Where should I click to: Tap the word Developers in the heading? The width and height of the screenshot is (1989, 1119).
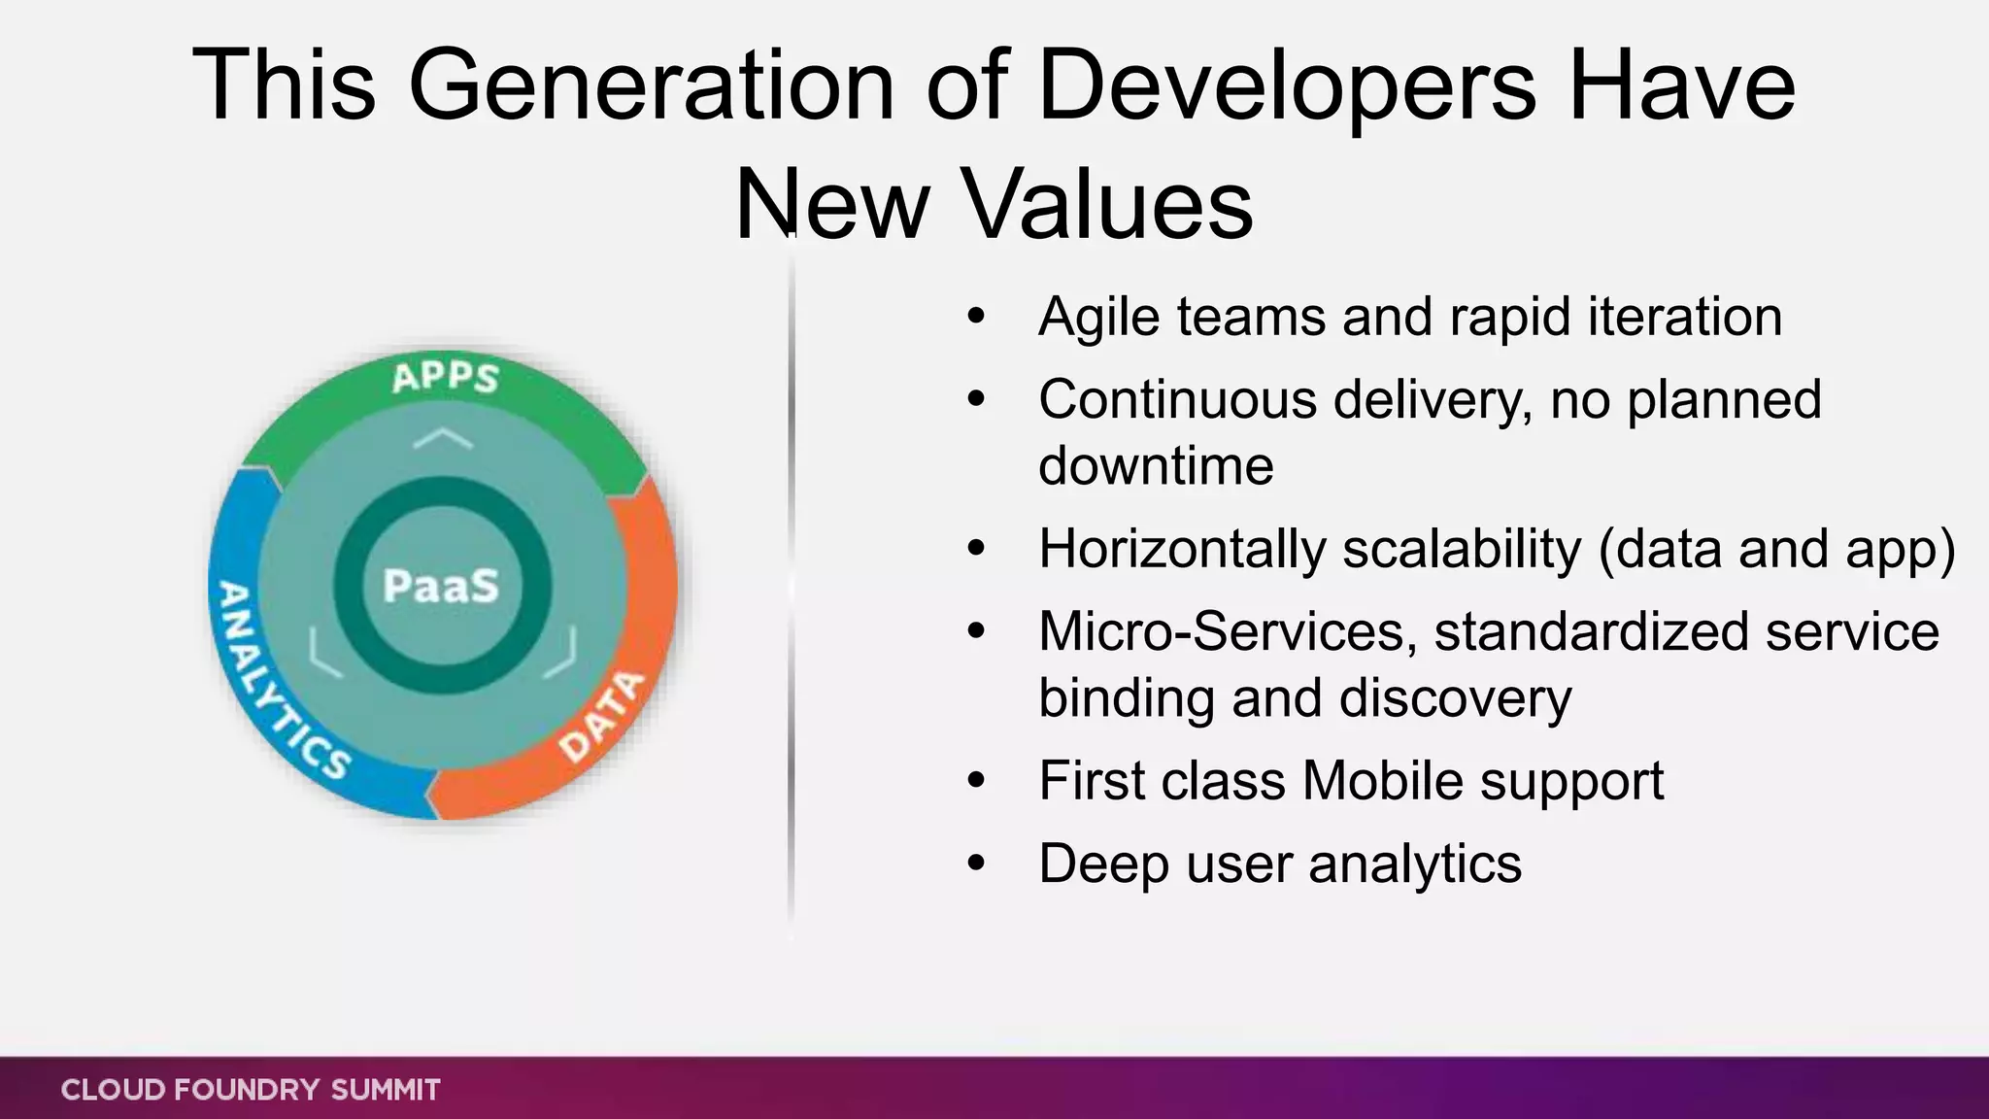click(x=1288, y=87)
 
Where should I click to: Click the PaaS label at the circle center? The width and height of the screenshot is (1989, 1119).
click(x=441, y=586)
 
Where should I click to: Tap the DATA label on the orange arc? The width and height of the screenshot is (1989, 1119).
click(x=602, y=717)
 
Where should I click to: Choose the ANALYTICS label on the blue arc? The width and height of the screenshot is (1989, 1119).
click(x=277, y=680)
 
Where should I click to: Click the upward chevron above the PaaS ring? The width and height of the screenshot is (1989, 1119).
click(x=443, y=438)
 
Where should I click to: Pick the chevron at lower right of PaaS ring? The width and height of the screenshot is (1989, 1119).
click(x=561, y=654)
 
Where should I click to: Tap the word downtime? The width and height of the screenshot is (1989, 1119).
click(x=1156, y=465)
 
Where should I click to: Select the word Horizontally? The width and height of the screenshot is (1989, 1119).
click(x=1182, y=549)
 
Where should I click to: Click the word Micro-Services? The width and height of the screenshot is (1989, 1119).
click(x=1222, y=631)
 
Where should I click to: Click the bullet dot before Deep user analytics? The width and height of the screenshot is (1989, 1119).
click(x=976, y=863)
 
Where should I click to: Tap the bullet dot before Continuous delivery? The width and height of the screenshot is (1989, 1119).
click(x=976, y=399)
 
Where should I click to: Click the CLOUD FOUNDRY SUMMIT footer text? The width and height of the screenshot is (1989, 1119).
click(x=251, y=1090)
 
